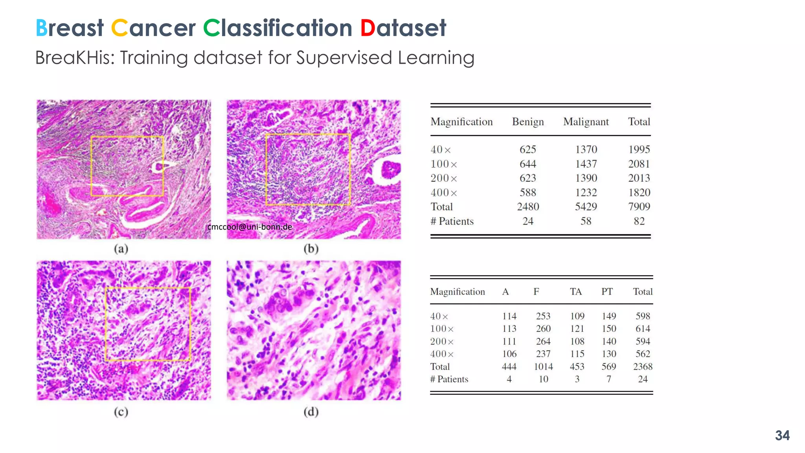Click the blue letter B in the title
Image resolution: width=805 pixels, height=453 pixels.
pos(41,28)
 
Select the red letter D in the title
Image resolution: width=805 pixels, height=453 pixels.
pos(368,28)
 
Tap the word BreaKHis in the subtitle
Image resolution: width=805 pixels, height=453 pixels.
pos(75,58)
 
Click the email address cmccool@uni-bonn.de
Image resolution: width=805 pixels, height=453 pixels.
pos(250,227)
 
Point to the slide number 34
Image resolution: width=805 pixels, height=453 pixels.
pos(782,435)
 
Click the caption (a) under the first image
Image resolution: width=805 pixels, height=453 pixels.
pos(121,249)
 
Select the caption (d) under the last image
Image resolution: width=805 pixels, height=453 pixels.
pos(311,412)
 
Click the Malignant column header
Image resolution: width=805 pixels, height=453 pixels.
pos(586,122)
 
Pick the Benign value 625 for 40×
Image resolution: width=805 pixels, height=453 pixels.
pos(527,149)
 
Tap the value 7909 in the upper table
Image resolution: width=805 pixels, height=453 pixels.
pos(639,207)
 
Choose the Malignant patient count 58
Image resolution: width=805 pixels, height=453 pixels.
pos(586,221)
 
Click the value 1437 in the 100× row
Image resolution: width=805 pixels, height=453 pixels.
pos(586,164)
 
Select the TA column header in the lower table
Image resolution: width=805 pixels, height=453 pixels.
pos(576,292)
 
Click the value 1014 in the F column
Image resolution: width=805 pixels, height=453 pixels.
pos(543,366)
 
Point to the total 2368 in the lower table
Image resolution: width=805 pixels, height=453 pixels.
pos(643,366)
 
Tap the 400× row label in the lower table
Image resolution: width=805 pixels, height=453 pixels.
pos(442,354)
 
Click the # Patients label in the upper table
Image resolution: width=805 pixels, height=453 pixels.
pos(452,221)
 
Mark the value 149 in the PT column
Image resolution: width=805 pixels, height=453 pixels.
pos(608,316)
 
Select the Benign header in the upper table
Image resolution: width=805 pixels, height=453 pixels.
pos(527,122)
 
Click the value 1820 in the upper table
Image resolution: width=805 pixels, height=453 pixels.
pos(639,193)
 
